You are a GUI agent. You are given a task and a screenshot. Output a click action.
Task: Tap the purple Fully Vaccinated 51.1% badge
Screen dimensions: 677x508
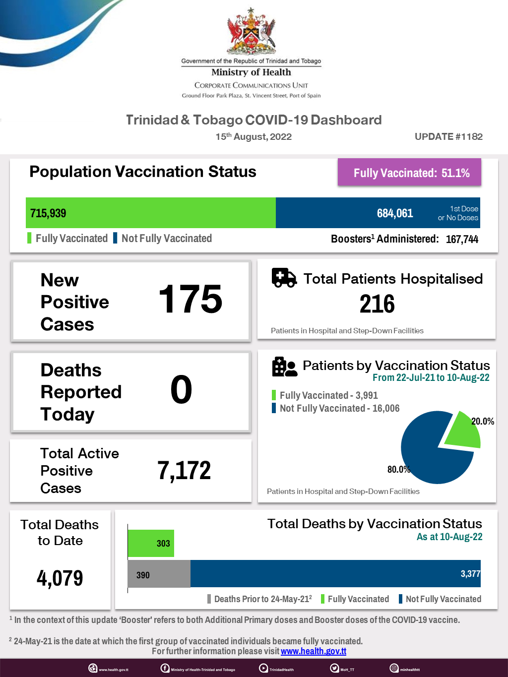click(x=410, y=173)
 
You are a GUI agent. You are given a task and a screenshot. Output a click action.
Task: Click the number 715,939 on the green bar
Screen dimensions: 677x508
click(x=48, y=213)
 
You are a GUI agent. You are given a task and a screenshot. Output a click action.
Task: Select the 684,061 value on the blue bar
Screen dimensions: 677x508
click(x=395, y=213)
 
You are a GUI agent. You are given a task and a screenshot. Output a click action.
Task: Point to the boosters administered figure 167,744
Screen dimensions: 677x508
click(x=462, y=239)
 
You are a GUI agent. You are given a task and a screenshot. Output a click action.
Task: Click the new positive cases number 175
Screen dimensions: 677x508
click(x=190, y=299)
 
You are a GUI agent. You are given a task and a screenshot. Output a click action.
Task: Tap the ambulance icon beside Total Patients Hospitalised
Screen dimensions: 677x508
click(x=284, y=278)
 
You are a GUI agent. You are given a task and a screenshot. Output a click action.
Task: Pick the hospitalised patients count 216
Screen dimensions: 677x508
click(x=377, y=304)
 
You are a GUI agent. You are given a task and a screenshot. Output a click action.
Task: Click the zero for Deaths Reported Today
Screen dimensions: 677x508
click(x=181, y=390)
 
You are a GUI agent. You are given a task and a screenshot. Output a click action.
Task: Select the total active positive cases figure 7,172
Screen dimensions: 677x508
click(x=184, y=471)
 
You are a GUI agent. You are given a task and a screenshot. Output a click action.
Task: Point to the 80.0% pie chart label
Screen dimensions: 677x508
click(x=398, y=469)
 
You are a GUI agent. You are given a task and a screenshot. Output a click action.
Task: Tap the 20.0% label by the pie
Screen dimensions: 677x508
click(x=482, y=422)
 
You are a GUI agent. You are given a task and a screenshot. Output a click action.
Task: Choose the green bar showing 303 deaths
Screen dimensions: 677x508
click(x=151, y=543)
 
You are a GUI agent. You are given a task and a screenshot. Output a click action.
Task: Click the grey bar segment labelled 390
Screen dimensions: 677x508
click(x=159, y=574)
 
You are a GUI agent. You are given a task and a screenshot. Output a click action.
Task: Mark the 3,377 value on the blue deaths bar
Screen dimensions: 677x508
click(x=470, y=574)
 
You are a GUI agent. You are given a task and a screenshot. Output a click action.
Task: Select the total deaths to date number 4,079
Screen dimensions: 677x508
click(x=60, y=578)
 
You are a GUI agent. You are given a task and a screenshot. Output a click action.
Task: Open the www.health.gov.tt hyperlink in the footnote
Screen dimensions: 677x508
click(x=314, y=651)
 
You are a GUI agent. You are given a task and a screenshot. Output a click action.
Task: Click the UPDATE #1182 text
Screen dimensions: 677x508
click(x=448, y=136)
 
